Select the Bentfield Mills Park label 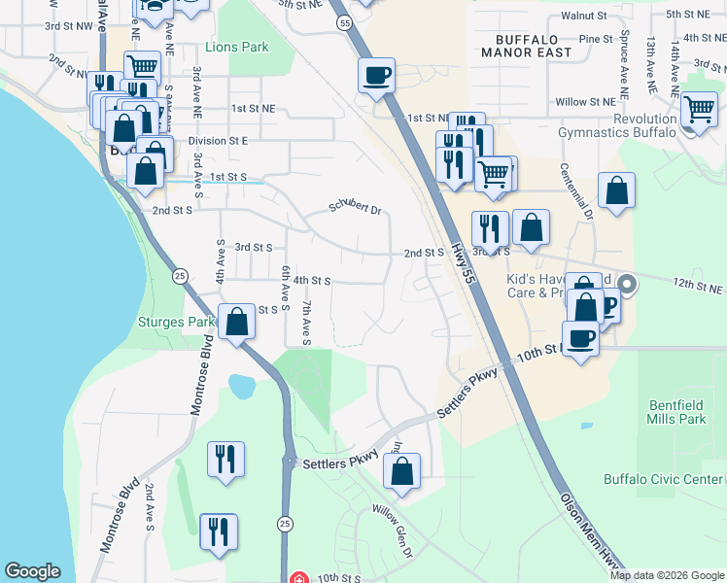click(x=675, y=411)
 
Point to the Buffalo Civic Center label click(x=664, y=479)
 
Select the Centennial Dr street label click(x=575, y=190)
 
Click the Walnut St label click(x=584, y=17)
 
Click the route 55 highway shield click(x=344, y=21)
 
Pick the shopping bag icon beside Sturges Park click(x=236, y=320)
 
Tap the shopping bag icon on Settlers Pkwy click(x=401, y=471)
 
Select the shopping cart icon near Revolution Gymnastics click(x=699, y=110)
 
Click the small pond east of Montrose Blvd click(x=241, y=387)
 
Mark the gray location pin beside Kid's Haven click(x=627, y=286)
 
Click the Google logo click(x=32, y=571)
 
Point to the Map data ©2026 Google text click(x=667, y=575)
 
